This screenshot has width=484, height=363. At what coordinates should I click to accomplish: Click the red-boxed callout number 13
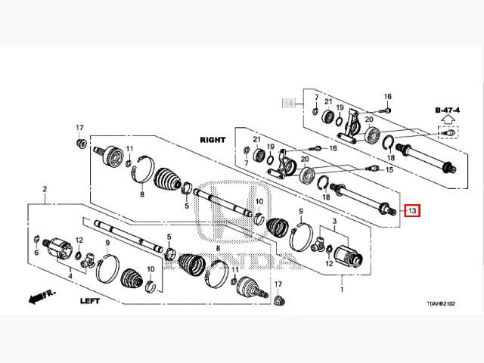tap(413, 210)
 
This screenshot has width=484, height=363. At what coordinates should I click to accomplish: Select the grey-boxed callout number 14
tap(288, 102)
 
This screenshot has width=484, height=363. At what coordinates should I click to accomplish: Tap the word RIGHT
tap(213, 141)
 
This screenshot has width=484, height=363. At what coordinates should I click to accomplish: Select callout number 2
tap(45, 188)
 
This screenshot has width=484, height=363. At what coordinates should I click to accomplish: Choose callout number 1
tap(342, 290)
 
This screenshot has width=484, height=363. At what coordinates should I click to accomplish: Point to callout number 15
tap(389, 171)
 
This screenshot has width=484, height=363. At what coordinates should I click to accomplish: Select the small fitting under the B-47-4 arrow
tap(446, 133)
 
